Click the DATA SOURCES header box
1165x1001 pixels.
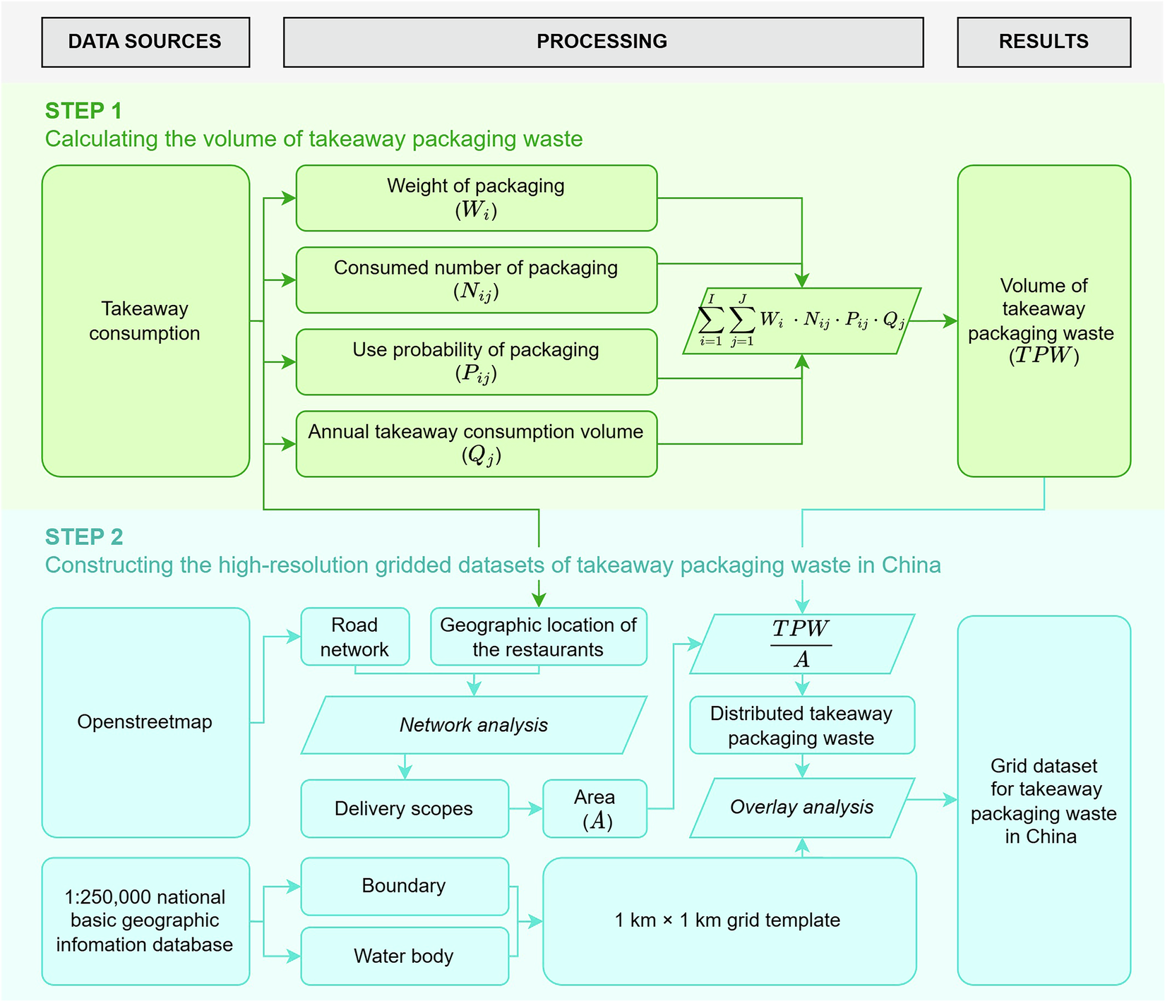(145, 42)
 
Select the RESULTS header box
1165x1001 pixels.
(1043, 42)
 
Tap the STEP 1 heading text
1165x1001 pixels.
(83, 111)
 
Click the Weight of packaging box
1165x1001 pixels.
(476, 198)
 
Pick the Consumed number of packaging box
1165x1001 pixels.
(476, 280)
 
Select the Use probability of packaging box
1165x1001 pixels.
(476, 361)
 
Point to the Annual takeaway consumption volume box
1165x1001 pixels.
(476, 443)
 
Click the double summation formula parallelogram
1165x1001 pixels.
(801, 320)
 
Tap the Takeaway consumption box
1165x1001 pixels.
(145, 320)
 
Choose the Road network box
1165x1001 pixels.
(354, 637)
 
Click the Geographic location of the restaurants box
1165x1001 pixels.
(538, 637)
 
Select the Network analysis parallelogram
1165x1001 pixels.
(474, 725)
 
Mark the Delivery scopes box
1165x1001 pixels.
(404, 808)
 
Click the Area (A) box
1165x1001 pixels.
(595, 808)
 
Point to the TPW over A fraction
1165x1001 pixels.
(801, 644)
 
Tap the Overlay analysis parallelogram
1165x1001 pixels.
(801, 808)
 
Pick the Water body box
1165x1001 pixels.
(404, 956)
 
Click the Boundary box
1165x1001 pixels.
(404, 886)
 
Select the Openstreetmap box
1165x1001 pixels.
(145, 722)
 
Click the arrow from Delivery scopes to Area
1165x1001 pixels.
(526, 808)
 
